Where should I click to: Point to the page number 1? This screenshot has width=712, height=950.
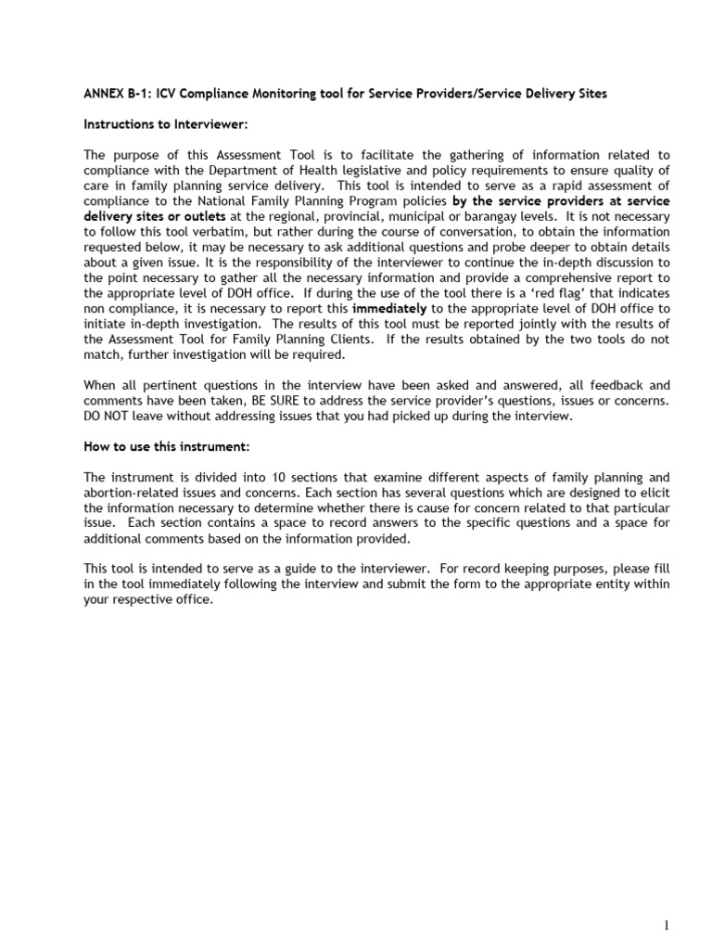coord(666,925)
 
